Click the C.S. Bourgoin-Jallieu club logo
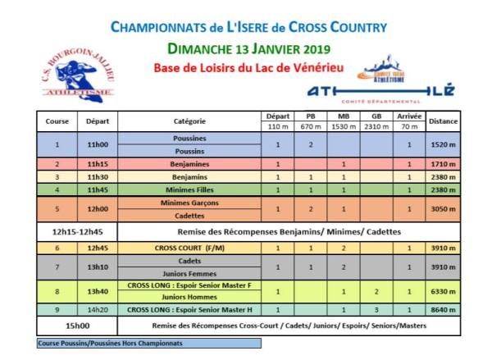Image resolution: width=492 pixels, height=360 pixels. coord(78,75)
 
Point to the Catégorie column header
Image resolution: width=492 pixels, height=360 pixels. coord(189,121)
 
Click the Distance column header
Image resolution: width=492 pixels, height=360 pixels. coord(443,121)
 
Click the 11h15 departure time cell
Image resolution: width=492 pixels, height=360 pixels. coord(98,164)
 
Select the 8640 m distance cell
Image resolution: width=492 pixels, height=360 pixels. coord(443,309)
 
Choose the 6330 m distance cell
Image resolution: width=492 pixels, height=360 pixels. coord(443,290)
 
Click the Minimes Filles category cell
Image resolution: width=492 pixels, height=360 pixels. coord(189,189)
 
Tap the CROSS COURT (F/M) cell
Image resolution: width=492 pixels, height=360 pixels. coord(189,247)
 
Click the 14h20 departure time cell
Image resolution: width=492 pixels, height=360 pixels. coord(98,309)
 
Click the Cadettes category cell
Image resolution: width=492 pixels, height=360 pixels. coord(189,216)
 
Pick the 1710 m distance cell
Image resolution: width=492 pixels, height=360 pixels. coord(443,164)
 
